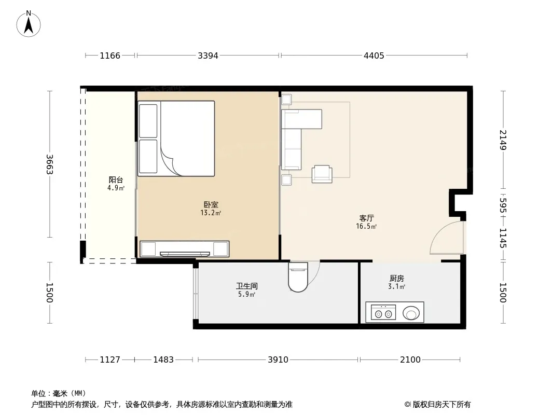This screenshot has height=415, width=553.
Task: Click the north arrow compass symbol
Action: pyautogui.click(x=29, y=24)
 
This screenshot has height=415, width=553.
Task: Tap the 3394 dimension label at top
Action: pyautogui.click(x=208, y=56)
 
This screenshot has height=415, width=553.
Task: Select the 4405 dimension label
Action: pyautogui.click(x=374, y=56)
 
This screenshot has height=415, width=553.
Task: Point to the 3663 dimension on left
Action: pyautogui.click(x=49, y=164)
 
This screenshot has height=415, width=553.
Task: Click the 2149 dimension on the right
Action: pyautogui.click(x=503, y=140)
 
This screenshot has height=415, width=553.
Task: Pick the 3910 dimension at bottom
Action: pyautogui.click(x=278, y=359)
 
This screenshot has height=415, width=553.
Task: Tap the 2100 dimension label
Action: pyautogui.click(x=410, y=359)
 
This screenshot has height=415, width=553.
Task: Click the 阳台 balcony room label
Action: pyautogui.click(x=116, y=180)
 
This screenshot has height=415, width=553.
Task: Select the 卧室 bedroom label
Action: pyautogui.click(x=211, y=204)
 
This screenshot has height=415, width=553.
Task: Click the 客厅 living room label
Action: pyautogui.click(x=366, y=218)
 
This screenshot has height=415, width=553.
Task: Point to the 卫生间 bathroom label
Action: pyautogui.click(x=247, y=286)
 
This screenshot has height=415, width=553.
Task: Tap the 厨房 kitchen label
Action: pyautogui.click(x=397, y=279)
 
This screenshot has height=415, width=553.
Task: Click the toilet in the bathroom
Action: pyautogui.click(x=298, y=277)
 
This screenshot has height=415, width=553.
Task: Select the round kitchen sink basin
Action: pyautogui.click(x=411, y=313)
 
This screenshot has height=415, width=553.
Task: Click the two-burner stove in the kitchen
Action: pyautogui.click(x=383, y=313)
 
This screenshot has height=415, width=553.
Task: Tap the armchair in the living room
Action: pyautogui.click(x=322, y=174)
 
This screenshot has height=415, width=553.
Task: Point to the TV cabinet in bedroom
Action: pyautogui.click(x=185, y=249)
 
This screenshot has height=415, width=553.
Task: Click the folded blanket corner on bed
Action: pyautogui.click(x=169, y=160)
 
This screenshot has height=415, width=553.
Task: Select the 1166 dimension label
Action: pyautogui.click(x=110, y=56)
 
